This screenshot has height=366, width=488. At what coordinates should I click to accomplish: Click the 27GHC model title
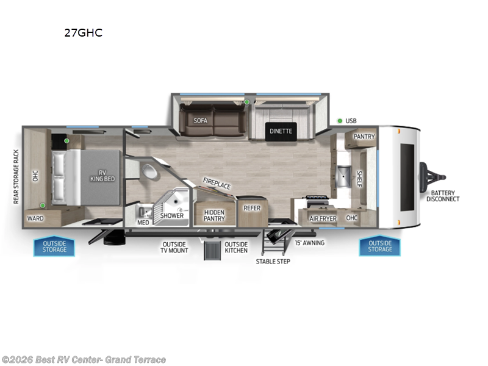(83, 33)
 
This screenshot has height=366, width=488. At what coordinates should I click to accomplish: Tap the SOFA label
(201, 121)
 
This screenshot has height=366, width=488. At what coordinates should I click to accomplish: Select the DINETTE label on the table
(281, 131)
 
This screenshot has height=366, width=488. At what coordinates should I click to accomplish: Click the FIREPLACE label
(217, 183)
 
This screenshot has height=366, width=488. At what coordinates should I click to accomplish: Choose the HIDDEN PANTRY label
(214, 215)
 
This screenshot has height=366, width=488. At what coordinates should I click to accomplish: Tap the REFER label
(252, 208)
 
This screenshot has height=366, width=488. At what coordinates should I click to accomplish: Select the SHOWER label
(172, 215)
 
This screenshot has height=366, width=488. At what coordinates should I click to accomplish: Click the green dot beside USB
(339, 121)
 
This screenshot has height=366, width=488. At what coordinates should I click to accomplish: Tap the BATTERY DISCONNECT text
(443, 195)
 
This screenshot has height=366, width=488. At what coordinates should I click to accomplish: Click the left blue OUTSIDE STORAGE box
(54, 246)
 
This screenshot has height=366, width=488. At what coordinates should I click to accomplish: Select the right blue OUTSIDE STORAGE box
(379, 246)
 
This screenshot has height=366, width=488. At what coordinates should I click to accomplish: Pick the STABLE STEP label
(273, 261)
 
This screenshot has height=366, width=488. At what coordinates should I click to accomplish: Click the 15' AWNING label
(310, 243)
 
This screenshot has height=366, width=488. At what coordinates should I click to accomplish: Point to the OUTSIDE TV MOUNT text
(175, 246)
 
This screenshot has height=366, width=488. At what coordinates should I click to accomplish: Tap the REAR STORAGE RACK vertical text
(17, 176)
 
